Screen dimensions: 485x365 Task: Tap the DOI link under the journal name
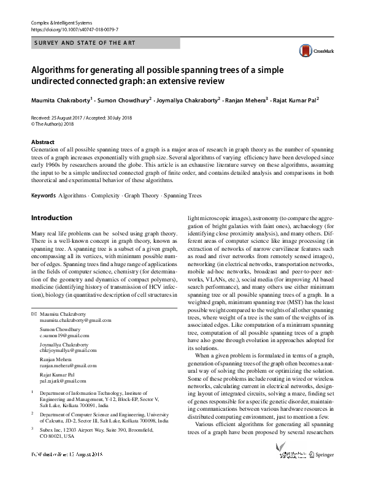[x=74, y=29]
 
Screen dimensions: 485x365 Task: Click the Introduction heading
[x=52, y=218]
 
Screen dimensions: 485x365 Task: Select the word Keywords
[x=42, y=196]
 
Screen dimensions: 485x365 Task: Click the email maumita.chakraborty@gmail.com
[x=72, y=321]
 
